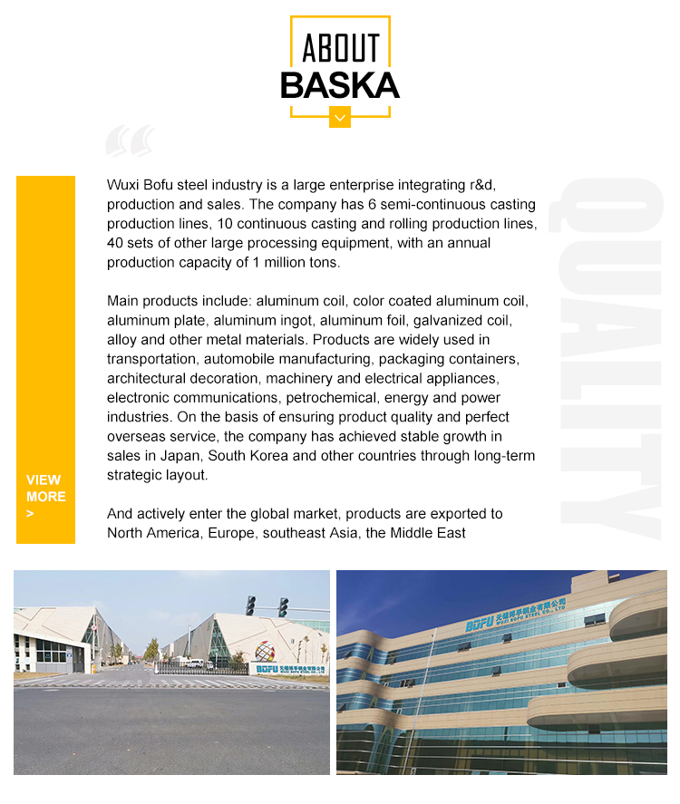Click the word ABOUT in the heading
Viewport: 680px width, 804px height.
340,48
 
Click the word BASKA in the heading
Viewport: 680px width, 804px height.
340,84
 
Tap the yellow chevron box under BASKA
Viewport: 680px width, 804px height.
340,117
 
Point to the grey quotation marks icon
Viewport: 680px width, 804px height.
130,141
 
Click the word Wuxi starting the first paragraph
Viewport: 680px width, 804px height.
124,185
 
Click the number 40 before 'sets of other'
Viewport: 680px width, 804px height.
115,243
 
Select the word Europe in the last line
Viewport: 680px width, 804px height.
231,533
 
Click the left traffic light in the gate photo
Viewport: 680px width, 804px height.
250,605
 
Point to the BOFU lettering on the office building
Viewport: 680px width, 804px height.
481,624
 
